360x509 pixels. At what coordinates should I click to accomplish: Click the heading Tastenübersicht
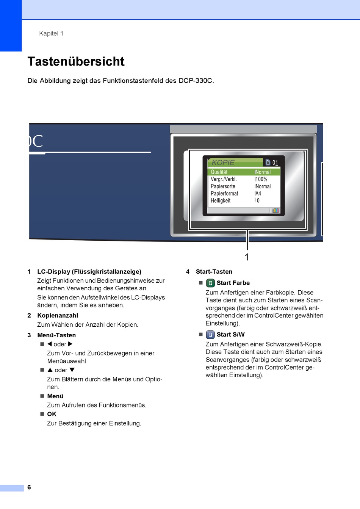point(76,61)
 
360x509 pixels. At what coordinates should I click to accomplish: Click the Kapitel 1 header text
point(51,33)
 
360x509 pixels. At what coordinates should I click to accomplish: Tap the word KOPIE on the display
point(223,163)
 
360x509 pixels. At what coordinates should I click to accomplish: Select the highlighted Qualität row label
point(219,172)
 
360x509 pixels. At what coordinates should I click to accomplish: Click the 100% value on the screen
point(261,179)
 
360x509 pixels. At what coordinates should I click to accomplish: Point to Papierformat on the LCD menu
point(224,194)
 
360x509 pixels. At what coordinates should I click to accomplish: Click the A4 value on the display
point(258,194)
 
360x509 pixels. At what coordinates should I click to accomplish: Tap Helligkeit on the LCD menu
point(221,201)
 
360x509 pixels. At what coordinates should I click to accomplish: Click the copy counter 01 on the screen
point(275,163)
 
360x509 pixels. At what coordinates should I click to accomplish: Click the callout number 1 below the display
point(247,257)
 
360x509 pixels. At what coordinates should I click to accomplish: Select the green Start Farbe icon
point(210,283)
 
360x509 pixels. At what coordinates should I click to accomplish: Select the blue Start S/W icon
point(210,335)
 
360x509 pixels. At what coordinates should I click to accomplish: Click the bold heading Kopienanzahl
point(58,315)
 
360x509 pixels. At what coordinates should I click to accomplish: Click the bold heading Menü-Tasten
point(56,335)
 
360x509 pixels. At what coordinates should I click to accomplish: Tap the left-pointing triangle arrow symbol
point(49,344)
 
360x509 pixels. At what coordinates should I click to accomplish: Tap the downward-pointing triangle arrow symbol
point(72,370)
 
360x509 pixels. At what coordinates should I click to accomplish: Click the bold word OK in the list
point(52,414)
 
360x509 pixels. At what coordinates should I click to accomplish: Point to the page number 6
point(29,487)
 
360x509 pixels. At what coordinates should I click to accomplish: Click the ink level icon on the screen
point(275,210)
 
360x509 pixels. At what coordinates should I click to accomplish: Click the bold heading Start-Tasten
point(214,272)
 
